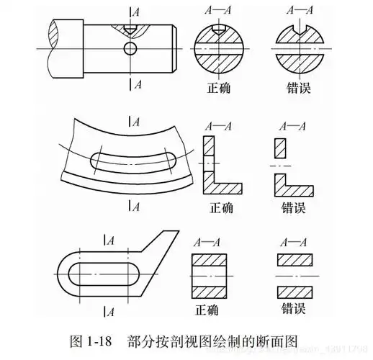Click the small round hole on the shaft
click(130, 49)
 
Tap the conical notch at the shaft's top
click(130, 28)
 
